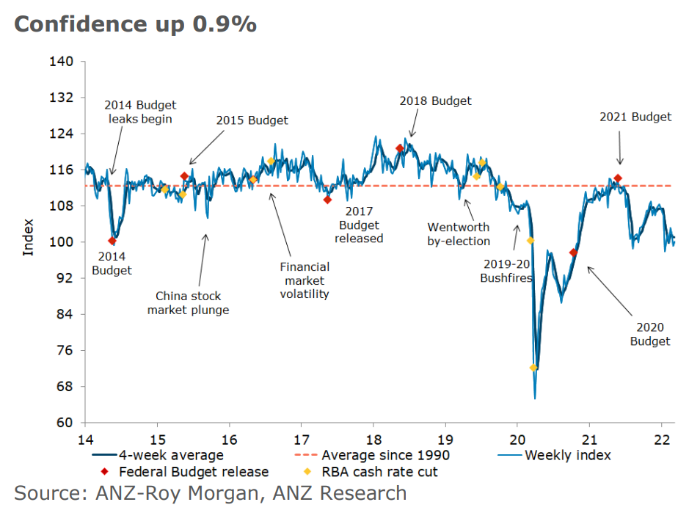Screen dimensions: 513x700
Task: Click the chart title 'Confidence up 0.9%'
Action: [x=135, y=23]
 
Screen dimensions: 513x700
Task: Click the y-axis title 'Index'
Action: [x=29, y=236]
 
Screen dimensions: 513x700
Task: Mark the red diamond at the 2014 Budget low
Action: [x=112, y=241]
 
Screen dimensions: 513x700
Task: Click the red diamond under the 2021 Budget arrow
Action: [x=618, y=178]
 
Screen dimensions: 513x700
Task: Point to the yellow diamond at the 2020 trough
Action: [x=533, y=368]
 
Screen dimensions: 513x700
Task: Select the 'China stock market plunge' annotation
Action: [x=188, y=303]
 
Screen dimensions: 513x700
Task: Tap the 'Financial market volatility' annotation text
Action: [x=305, y=280]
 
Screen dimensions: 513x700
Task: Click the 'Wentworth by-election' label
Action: [x=459, y=234]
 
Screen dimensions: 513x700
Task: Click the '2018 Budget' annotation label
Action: [x=435, y=101]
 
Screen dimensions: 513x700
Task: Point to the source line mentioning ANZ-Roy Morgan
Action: [x=210, y=493]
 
